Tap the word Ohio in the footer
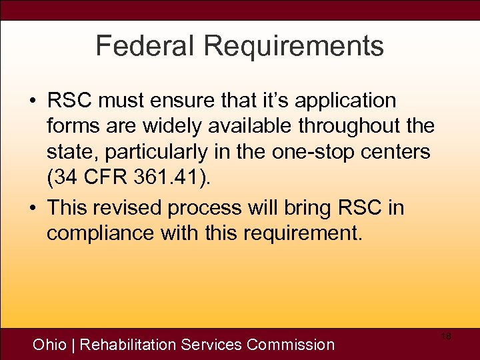point(49,345)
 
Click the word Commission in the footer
point(290,345)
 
